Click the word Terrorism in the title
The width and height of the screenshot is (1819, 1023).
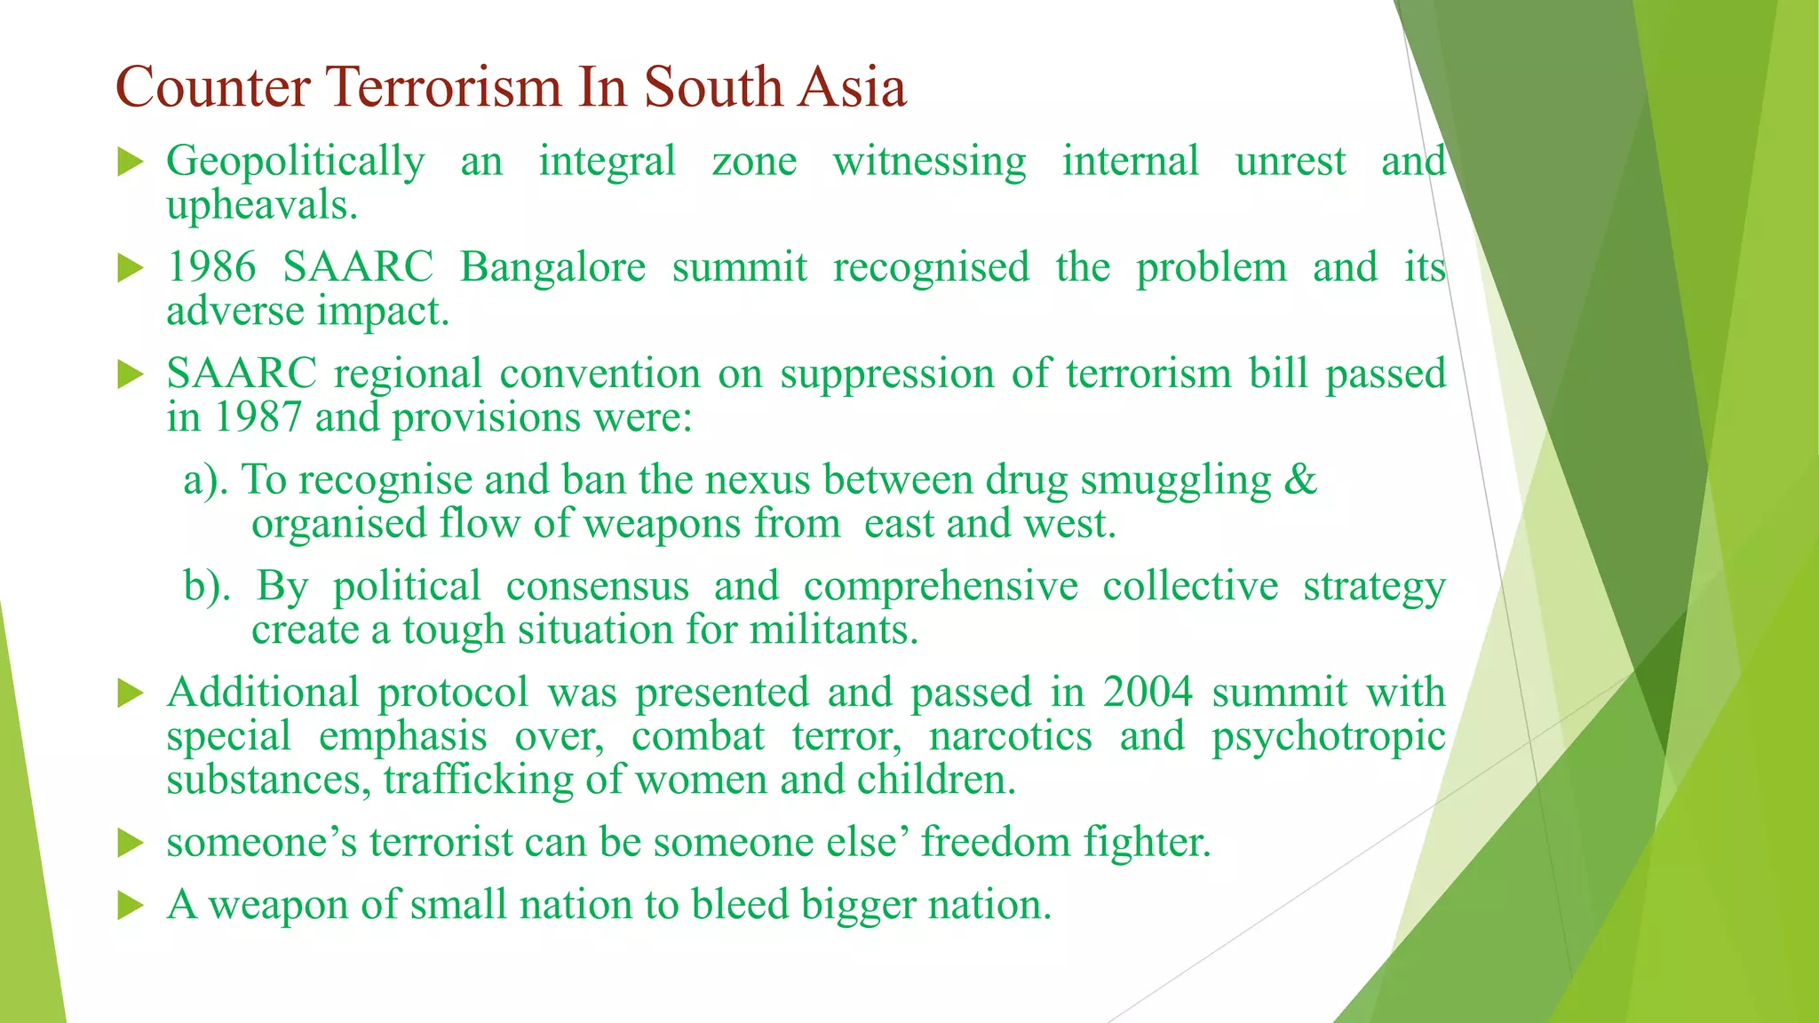click(x=444, y=87)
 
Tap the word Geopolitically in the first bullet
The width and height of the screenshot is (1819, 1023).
click(x=295, y=163)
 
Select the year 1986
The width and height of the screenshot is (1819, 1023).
click(x=211, y=267)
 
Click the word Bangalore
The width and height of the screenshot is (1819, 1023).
click(x=552, y=267)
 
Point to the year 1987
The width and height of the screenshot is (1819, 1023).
click(x=258, y=417)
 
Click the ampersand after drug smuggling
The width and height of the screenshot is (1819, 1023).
click(x=1299, y=480)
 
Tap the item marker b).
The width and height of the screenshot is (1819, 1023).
click(x=207, y=586)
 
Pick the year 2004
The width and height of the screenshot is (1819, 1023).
click(x=1148, y=692)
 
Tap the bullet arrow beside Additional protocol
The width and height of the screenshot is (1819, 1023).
click(x=130, y=694)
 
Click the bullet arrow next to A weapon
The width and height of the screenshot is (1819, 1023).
click(x=130, y=906)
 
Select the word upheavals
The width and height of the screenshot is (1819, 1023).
click(x=261, y=206)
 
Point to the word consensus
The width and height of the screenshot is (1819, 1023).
click(x=597, y=586)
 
